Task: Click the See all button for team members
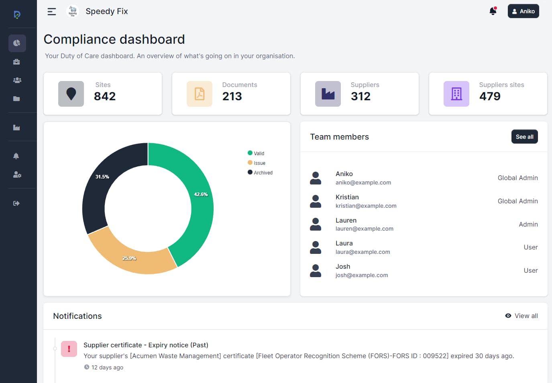[x=524, y=137]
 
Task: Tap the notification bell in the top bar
[x=493, y=11]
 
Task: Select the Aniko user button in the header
[x=523, y=11]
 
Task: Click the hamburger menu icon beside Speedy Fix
[x=52, y=12]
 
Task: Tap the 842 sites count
[x=105, y=96]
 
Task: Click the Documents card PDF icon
[x=200, y=94]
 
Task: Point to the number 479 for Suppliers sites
[x=490, y=96]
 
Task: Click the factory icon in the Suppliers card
[x=328, y=94]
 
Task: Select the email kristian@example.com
[x=366, y=206]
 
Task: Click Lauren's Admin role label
[x=528, y=224]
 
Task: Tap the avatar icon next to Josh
[x=316, y=271]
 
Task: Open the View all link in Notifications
[x=521, y=316]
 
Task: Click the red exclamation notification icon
[x=69, y=349]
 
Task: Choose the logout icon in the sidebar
[x=16, y=203]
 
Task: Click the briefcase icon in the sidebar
[x=16, y=62]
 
